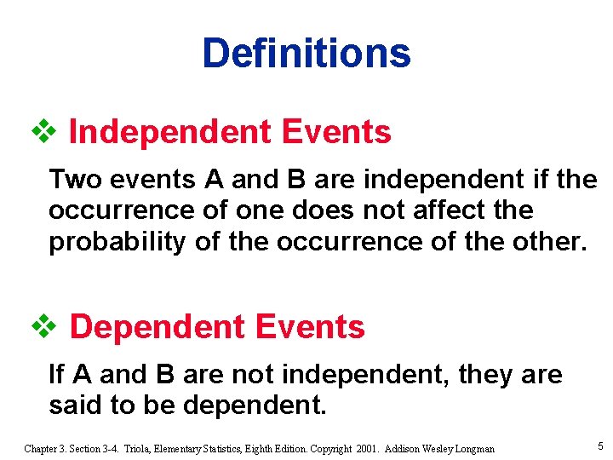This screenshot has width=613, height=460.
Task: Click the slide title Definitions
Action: click(306, 53)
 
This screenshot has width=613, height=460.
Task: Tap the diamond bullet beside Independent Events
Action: click(43, 132)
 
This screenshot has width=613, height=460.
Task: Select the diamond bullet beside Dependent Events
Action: click(43, 326)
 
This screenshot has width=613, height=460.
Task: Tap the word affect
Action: click(452, 210)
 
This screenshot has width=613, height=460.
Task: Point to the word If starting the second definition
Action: click(57, 374)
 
